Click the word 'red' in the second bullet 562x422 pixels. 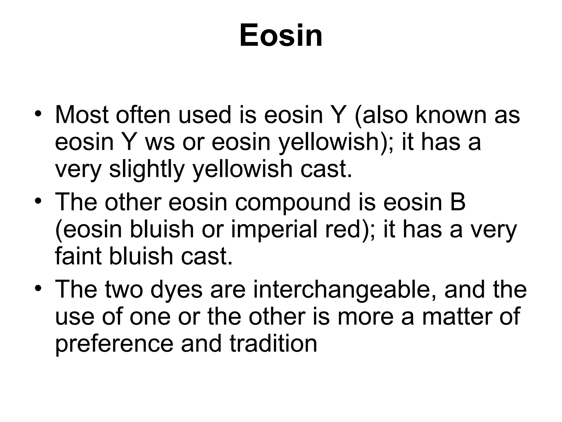(342, 230)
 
